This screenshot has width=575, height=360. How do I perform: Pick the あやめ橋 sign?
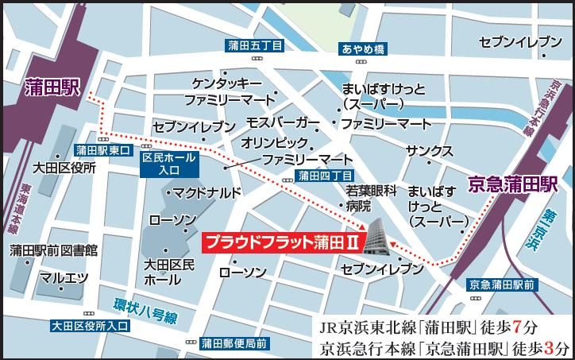364,49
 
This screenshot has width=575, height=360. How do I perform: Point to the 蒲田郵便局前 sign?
234,343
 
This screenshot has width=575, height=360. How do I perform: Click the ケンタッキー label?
226,83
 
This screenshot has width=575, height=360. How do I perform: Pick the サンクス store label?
429,151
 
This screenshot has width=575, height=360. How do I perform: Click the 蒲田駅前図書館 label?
54,251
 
